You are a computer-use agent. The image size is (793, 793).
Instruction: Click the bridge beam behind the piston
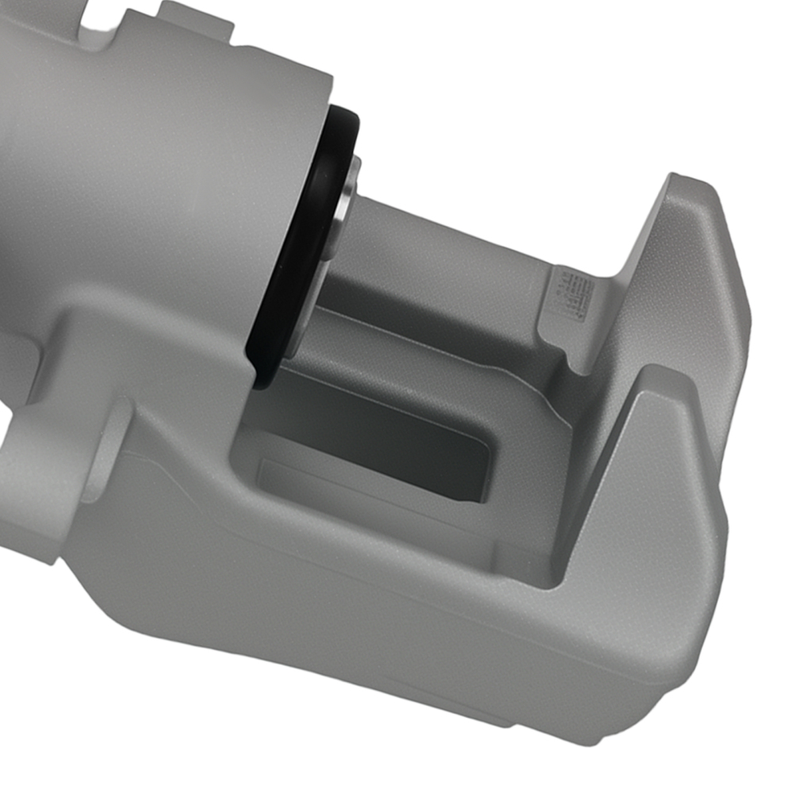coord(444,262)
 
